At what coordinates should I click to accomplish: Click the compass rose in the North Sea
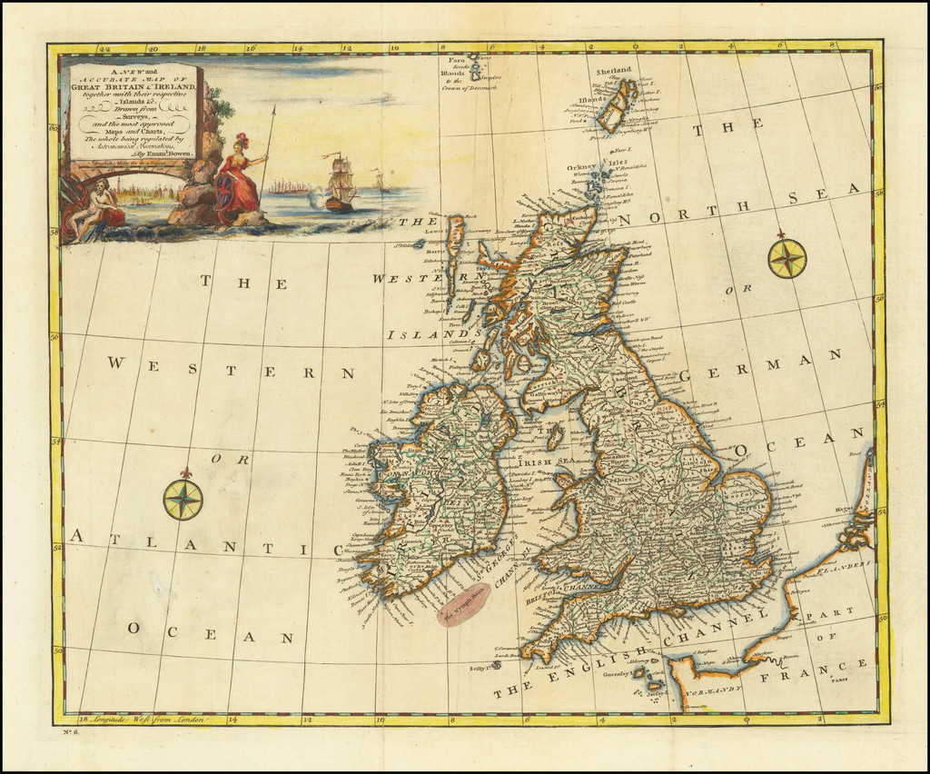pyautogui.click(x=787, y=258)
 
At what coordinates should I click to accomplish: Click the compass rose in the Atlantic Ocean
pyautogui.click(x=183, y=500)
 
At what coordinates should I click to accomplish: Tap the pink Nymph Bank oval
pyautogui.click(x=463, y=606)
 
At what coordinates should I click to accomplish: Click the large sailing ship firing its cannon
pyautogui.click(x=340, y=184)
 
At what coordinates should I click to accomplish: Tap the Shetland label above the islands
pyautogui.click(x=613, y=71)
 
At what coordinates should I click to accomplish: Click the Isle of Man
pyautogui.click(x=554, y=437)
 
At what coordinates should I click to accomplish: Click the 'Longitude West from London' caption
pyautogui.click(x=145, y=719)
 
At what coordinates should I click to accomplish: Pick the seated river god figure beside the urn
pyautogui.click(x=95, y=209)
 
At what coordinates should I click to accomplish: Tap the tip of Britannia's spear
pyautogui.click(x=274, y=107)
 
